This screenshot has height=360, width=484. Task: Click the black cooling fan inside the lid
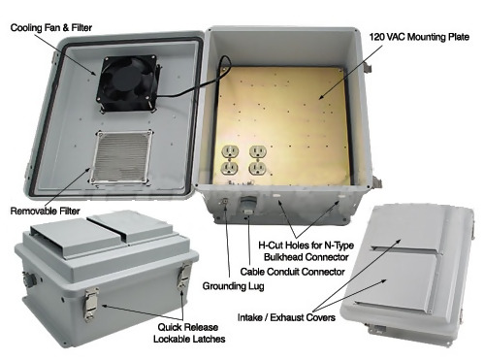pyautogui.click(x=128, y=83)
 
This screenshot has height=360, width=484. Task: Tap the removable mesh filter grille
pyautogui.click(x=121, y=157)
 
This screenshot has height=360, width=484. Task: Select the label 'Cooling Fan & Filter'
pyautogui.click(x=51, y=28)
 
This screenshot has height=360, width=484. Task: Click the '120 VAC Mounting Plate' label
pyautogui.click(x=419, y=37)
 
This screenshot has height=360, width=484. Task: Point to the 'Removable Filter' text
pyautogui.click(x=45, y=212)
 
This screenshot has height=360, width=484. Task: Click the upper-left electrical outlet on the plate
pyautogui.click(x=230, y=151)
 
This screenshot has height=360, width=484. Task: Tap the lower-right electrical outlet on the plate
pyautogui.click(x=258, y=168)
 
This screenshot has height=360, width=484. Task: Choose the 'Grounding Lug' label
pyautogui.click(x=233, y=286)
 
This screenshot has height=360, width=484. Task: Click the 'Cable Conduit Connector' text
pyautogui.click(x=292, y=272)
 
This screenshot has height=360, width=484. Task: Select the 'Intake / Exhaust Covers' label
pyautogui.click(x=286, y=317)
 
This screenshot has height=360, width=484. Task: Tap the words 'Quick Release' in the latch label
pyautogui.click(x=187, y=327)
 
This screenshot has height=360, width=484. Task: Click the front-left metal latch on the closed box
pyautogui.click(x=91, y=305)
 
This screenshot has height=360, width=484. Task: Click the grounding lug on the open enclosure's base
pyautogui.click(x=224, y=203)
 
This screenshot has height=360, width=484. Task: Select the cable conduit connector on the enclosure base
pyautogui.click(x=247, y=206)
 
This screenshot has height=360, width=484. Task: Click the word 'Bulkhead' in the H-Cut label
pyautogui.click(x=283, y=257)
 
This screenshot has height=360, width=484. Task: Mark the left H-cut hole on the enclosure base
pyautogui.click(x=276, y=196)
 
